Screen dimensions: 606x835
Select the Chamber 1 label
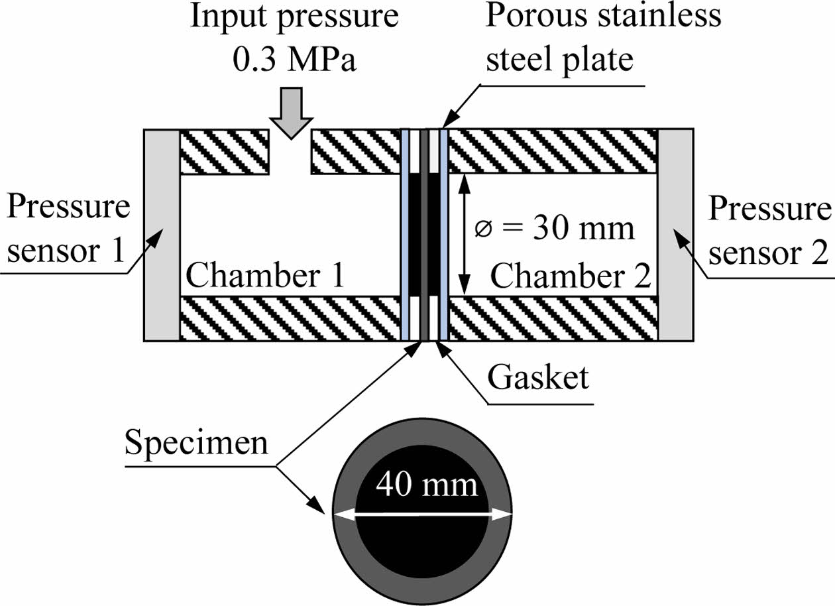266,274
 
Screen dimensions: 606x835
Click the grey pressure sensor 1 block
162,235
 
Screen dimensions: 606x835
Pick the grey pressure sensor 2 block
675,235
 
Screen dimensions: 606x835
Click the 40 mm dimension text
427,485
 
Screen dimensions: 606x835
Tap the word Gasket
537,378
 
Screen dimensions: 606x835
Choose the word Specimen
196,442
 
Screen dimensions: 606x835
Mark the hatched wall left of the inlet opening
225,152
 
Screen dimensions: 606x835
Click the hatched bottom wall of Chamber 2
553,318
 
